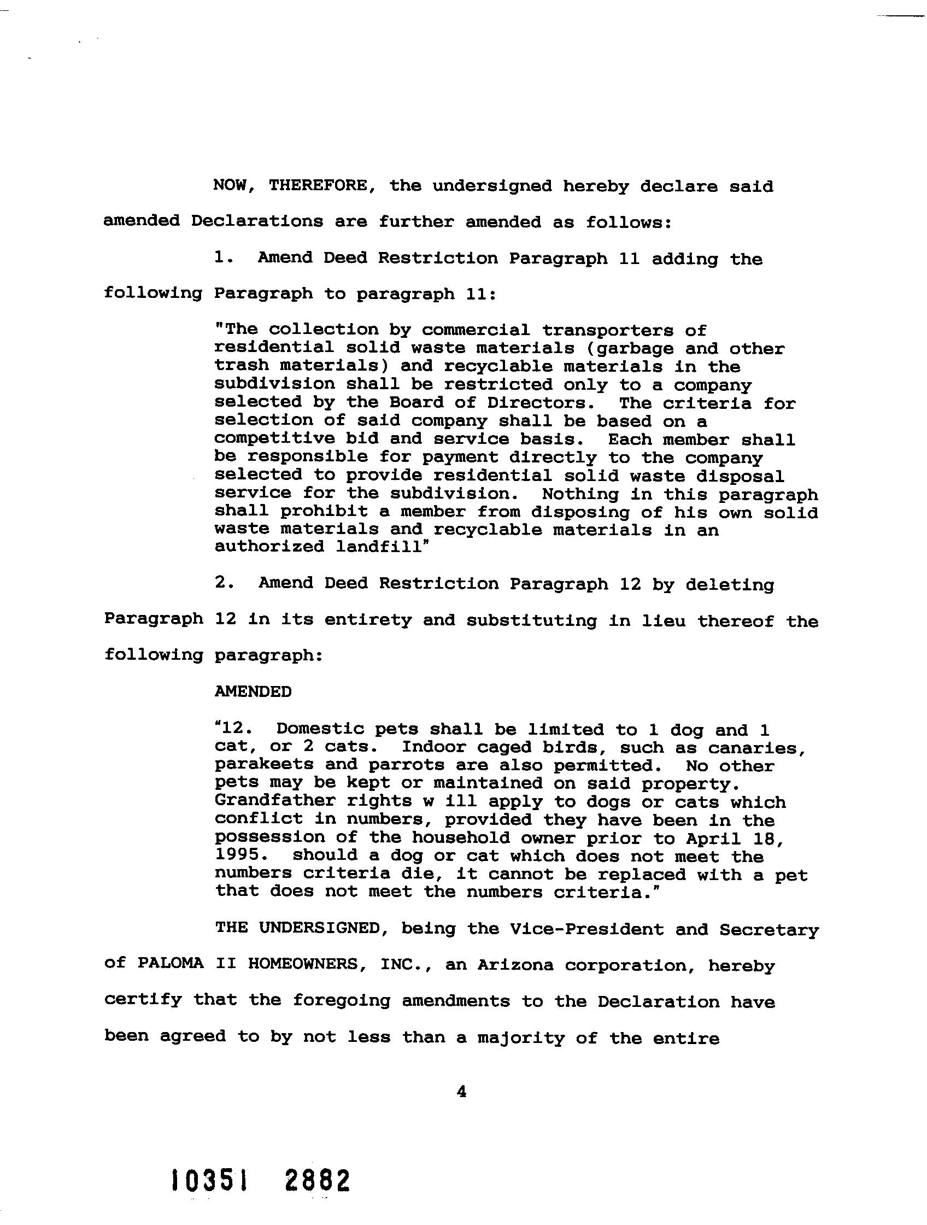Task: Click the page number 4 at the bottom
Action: (x=461, y=1092)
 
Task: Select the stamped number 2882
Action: (x=318, y=1181)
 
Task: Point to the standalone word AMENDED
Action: (x=253, y=691)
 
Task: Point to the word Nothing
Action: (x=580, y=494)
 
